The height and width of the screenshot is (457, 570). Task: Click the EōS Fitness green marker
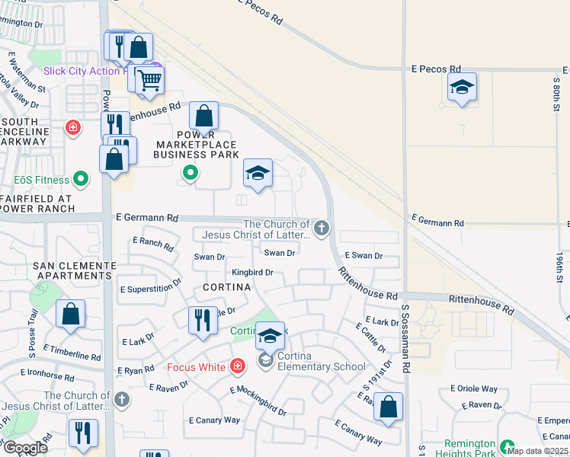coord(82,181)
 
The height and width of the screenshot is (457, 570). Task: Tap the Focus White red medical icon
coord(238,367)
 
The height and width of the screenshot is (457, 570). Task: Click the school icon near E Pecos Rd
coord(462,88)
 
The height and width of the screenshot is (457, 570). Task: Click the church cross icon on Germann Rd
coord(322,227)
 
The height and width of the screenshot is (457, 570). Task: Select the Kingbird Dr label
coord(252,272)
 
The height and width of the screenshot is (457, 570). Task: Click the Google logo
coord(25,448)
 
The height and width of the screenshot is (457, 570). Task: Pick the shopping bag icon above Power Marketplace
coord(204,117)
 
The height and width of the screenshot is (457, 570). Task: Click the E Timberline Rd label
coord(72,352)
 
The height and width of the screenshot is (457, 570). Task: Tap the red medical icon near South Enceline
coord(72,127)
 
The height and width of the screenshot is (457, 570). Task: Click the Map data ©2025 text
coord(537,451)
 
